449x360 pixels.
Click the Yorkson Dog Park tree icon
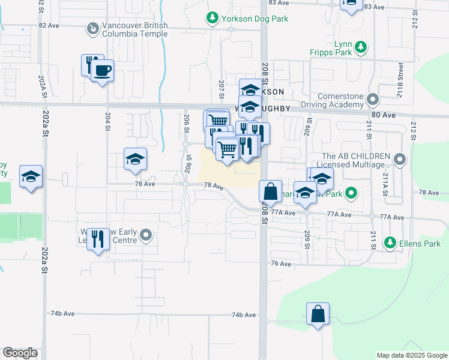click(211, 19)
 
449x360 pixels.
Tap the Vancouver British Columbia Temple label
click(134, 31)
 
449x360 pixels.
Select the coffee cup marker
click(102, 71)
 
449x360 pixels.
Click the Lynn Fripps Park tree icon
click(360, 47)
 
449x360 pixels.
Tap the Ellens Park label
click(420, 244)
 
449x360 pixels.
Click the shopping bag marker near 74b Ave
click(318, 314)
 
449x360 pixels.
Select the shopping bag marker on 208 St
click(271, 191)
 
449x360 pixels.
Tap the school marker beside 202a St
click(31, 176)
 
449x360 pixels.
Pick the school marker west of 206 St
click(136, 159)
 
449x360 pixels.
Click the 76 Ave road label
click(281, 263)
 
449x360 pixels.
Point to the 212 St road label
click(413, 128)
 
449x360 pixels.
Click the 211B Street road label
click(400, 73)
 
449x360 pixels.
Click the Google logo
click(20, 353)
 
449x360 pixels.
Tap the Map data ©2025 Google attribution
click(411, 355)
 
